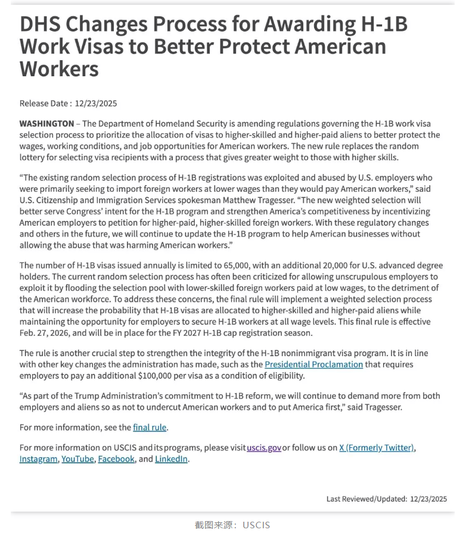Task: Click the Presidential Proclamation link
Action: (x=313, y=364)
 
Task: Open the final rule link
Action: (x=150, y=427)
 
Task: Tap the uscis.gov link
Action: (x=264, y=447)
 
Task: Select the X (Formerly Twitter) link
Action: (x=377, y=447)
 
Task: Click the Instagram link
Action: (x=39, y=459)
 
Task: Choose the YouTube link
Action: (x=77, y=459)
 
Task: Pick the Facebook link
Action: (x=116, y=459)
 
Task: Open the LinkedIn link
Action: (x=172, y=459)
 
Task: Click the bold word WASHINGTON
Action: (x=46, y=123)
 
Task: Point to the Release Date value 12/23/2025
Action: (x=95, y=103)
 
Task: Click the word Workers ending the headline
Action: (x=59, y=68)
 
